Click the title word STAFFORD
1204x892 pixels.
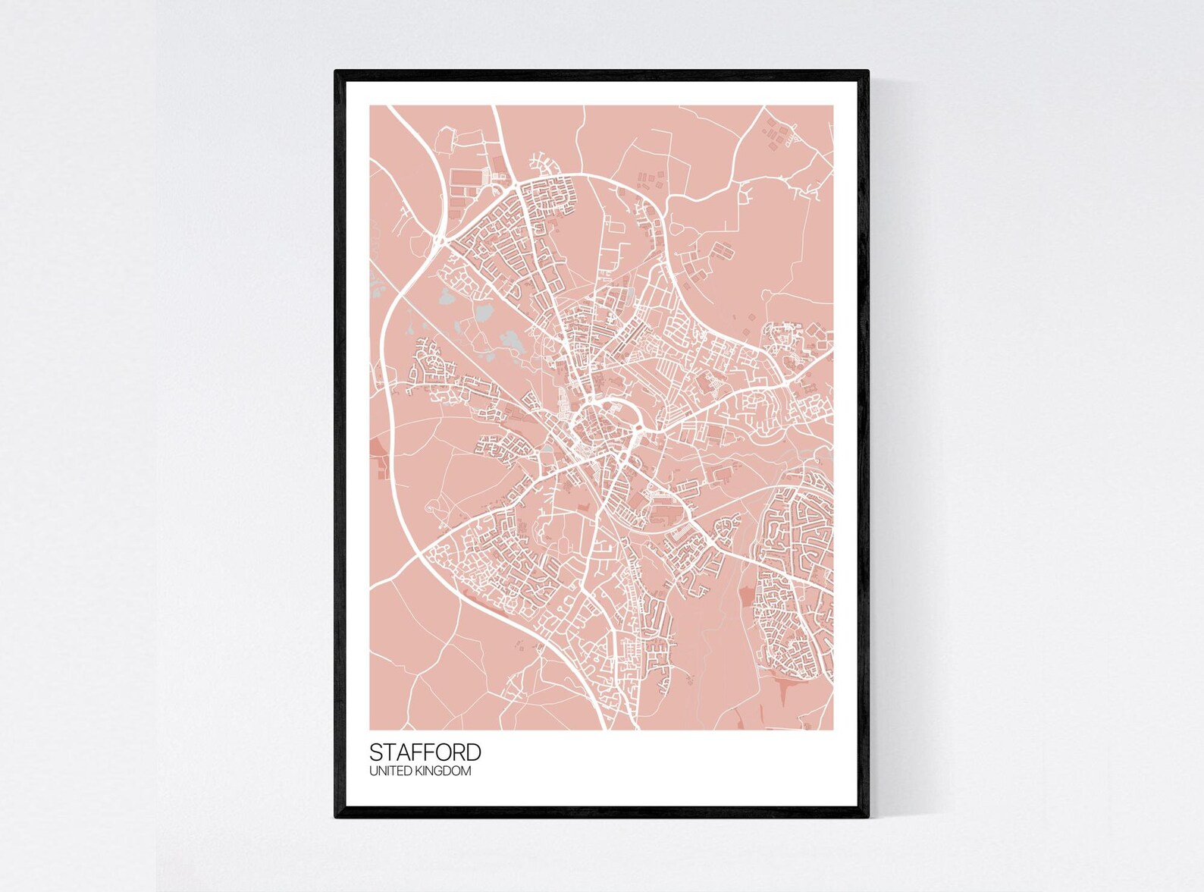425,752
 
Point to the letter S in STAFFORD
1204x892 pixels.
376,752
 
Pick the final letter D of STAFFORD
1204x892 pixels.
473,752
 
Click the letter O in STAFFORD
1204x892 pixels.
443,752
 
